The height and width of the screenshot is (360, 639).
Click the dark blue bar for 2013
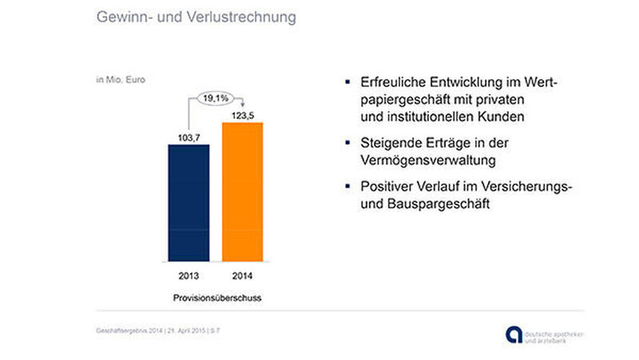pyautogui.click(x=189, y=203)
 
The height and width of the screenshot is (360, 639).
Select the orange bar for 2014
pyautogui.click(x=242, y=192)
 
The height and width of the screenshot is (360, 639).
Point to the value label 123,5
pyautogui.click(x=242, y=115)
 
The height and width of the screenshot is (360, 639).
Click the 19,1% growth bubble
pyautogui.click(x=216, y=98)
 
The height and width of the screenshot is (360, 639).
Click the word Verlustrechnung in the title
pyautogui.click(x=248, y=17)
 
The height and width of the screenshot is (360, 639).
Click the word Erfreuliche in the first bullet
pyautogui.click(x=390, y=82)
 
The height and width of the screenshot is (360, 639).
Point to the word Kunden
pyautogui.click(x=502, y=117)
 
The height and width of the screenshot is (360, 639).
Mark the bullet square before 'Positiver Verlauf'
pyautogui.click(x=347, y=187)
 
